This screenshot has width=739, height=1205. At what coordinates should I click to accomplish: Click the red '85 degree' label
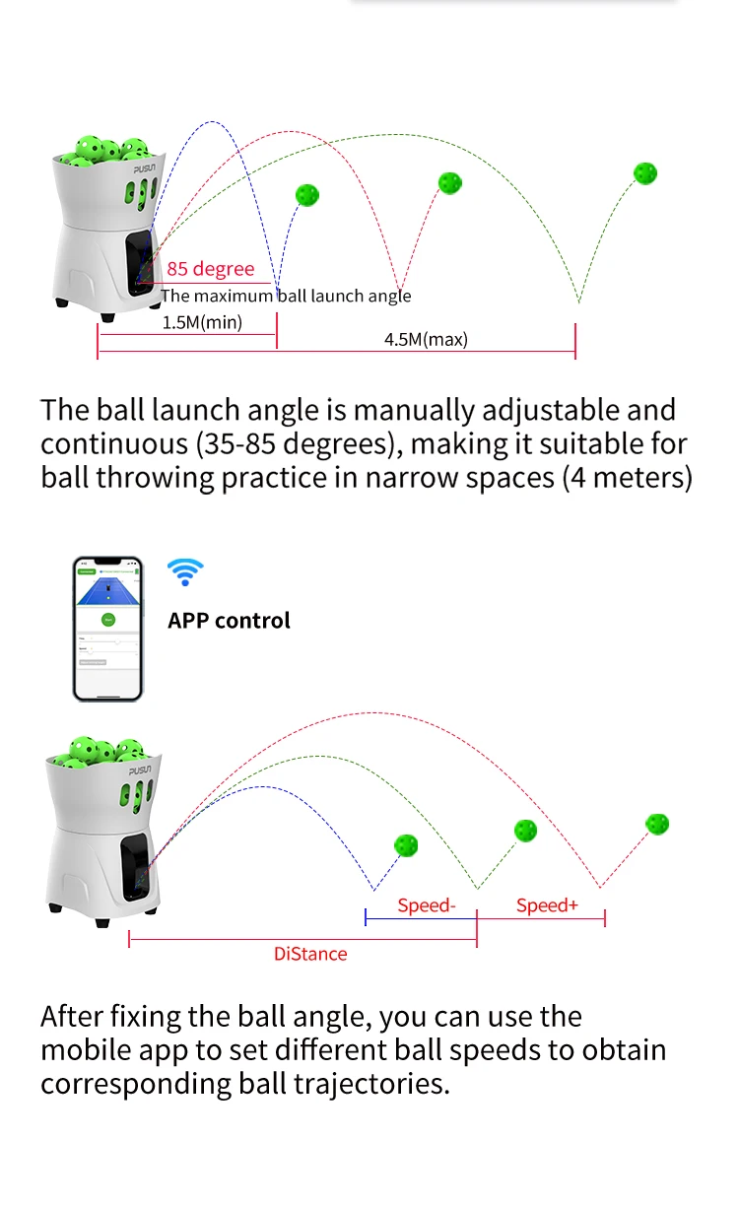tap(210, 269)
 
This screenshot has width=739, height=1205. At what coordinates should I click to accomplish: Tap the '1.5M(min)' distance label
tap(202, 322)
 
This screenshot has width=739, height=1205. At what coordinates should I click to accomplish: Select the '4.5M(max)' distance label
tap(426, 340)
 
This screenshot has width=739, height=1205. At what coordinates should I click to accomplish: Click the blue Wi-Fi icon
tap(185, 571)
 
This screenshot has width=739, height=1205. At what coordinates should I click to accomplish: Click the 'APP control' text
tap(229, 621)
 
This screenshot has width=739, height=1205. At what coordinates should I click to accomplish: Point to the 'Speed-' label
tap(427, 905)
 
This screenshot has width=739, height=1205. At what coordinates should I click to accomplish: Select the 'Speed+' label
tap(547, 905)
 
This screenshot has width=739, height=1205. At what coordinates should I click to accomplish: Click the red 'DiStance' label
tap(310, 954)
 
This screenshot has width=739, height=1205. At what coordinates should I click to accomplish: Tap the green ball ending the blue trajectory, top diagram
tap(307, 194)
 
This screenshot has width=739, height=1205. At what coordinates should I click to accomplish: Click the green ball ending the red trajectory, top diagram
tap(450, 182)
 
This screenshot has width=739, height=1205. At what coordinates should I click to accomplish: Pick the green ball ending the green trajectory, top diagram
tap(645, 173)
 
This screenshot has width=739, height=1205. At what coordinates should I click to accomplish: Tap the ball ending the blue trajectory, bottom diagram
tap(405, 844)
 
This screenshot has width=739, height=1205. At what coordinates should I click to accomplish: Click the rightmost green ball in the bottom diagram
tap(657, 823)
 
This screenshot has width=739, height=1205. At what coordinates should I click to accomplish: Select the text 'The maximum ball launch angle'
tap(286, 296)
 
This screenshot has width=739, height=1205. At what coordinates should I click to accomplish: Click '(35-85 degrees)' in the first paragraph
tap(298, 443)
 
